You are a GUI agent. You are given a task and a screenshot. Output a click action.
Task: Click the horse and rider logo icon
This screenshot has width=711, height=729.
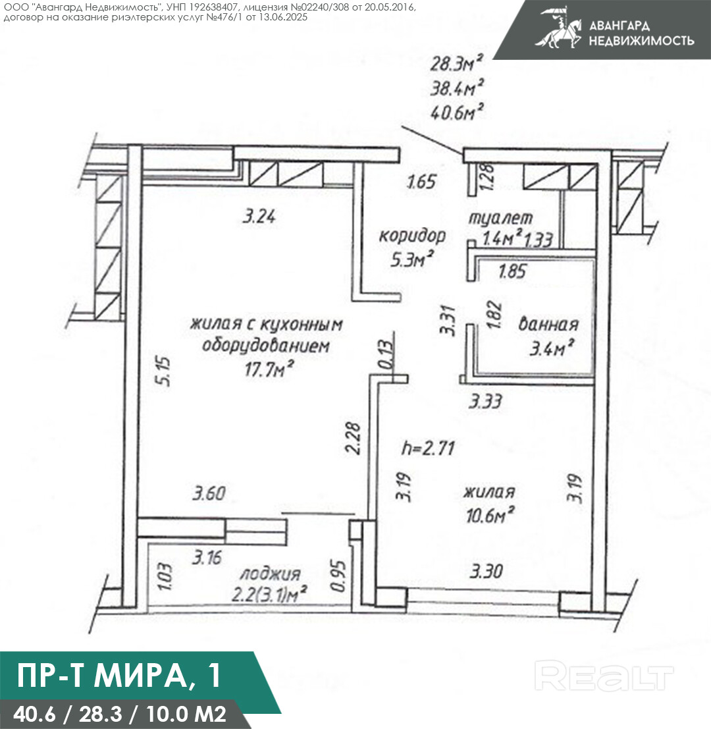pyautogui.click(x=558, y=28)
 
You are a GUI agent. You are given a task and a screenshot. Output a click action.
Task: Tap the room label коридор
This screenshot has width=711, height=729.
pyautogui.click(x=412, y=236)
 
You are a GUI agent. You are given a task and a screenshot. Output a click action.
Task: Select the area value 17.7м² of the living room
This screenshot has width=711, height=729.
pyautogui.click(x=269, y=369)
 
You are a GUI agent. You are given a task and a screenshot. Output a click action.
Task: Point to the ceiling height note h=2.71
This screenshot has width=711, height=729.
pyautogui.click(x=428, y=448)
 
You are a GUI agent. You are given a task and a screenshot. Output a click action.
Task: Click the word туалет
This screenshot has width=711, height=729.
pyautogui.click(x=500, y=217)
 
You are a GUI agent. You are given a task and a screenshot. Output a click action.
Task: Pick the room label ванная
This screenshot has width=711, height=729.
pyautogui.click(x=548, y=324)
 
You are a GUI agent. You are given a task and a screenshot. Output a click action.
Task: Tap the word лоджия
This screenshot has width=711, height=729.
pyautogui.click(x=270, y=574)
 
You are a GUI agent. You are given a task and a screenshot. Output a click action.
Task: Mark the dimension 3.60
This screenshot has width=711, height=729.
pyautogui.click(x=209, y=493)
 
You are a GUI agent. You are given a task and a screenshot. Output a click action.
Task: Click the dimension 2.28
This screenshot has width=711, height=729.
pyautogui.click(x=353, y=437)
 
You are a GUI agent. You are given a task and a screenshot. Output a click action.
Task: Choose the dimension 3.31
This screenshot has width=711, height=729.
pyautogui.click(x=448, y=320)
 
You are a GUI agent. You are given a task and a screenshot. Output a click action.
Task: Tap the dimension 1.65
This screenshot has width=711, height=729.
pyautogui.click(x=422, y=181)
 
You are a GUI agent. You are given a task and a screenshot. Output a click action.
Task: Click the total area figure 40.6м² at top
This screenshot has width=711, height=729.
pyautogui.click(x=456, y=112)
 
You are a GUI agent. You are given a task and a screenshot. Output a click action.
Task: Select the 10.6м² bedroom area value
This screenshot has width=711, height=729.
pyautogui.click(x=490, y=515)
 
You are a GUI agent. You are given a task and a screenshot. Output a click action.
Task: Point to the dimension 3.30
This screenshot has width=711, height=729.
pyautogui.click(x=486, y=570)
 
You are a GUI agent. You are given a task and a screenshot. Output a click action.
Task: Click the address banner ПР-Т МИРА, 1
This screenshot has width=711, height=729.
pyautogui.click(x=119, y=675)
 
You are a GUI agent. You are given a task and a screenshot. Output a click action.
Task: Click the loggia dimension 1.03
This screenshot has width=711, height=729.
pyautogui.click(x=165, y=576)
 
